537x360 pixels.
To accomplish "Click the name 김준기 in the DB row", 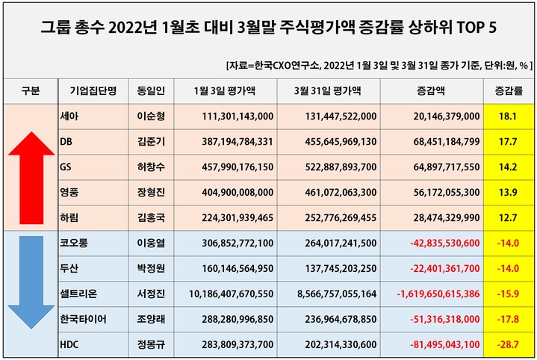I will (152, 141).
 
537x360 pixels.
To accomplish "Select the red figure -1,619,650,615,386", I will (433, 294).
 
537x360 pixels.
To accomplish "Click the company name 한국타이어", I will (84, 320).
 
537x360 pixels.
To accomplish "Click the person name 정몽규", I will (152, 345).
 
